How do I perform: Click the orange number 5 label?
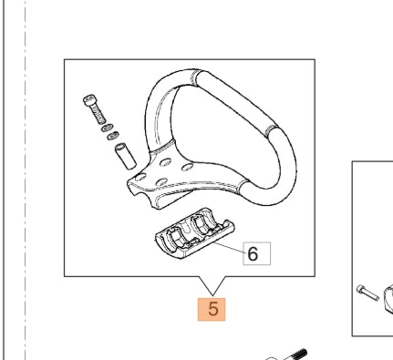tap(212, 309)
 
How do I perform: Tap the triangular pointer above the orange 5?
tap(212, 283)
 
